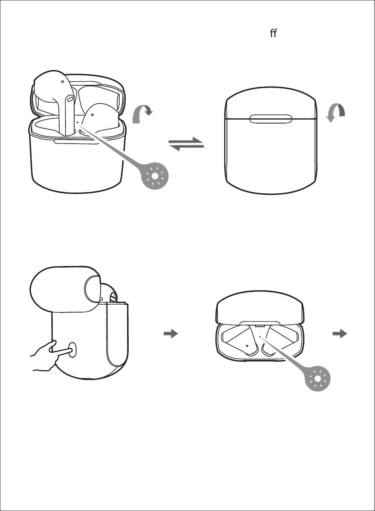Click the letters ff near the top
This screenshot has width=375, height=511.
(273, 33)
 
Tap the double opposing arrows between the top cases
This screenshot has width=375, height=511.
(186, 144)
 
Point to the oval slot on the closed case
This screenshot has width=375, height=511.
(271, 119)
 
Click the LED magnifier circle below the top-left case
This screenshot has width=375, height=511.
(155, 176)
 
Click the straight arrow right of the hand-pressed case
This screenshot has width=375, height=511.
(171, 334)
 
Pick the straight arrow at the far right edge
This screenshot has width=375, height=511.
(339, 334)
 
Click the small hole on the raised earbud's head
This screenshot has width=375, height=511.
(62, 82)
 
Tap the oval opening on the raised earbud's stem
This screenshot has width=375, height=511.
(70, 99)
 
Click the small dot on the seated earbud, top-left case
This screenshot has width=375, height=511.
(92, 115)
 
